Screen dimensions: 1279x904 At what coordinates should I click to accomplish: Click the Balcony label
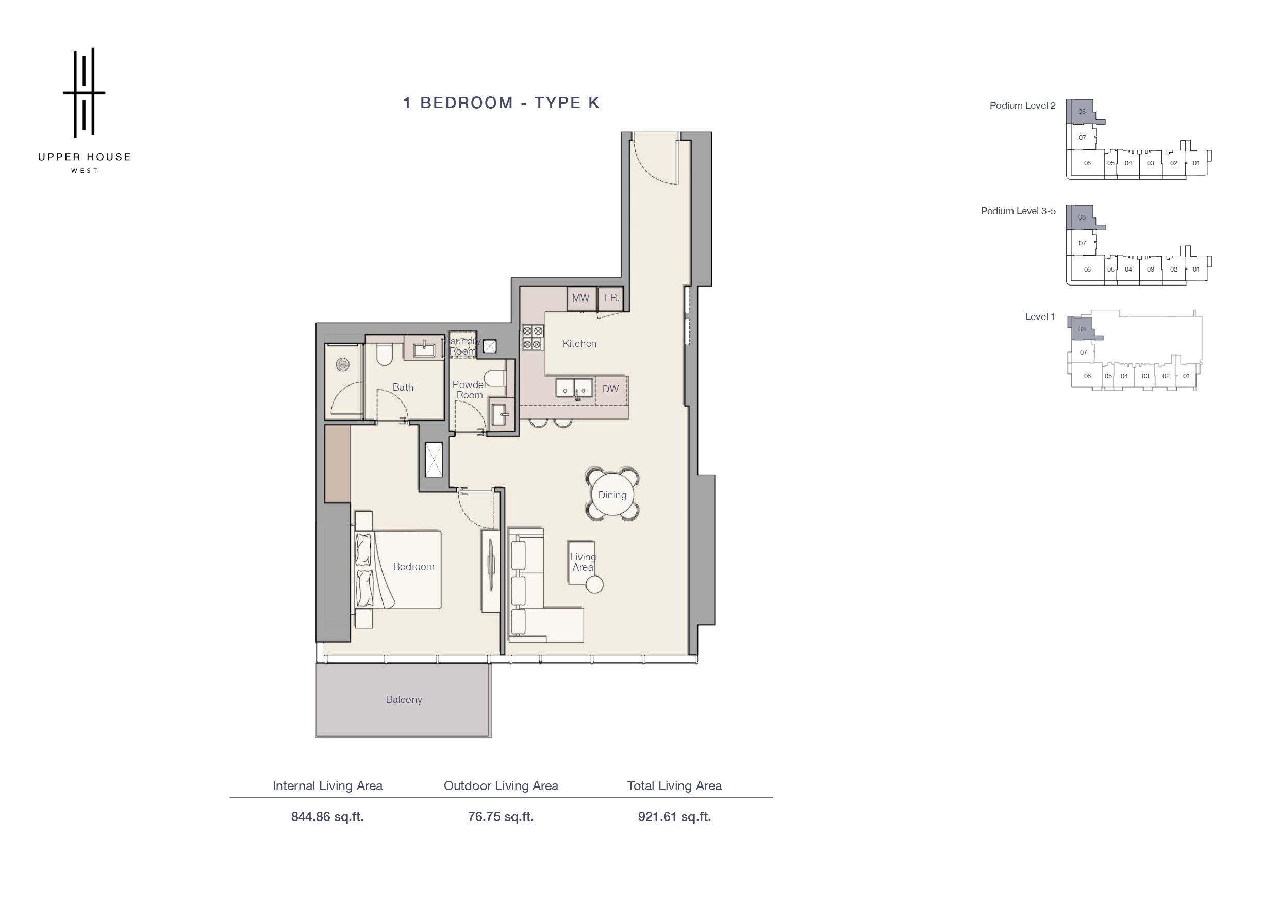404,699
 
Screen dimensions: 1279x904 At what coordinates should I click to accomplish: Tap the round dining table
612,495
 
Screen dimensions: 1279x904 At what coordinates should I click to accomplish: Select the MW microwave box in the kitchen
581,298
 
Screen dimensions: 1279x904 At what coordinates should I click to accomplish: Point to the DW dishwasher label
610,389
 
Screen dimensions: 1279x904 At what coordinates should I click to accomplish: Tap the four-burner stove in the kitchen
532,337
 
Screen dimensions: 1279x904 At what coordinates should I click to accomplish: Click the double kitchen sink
574,388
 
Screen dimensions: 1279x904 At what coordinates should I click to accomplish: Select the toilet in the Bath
385,354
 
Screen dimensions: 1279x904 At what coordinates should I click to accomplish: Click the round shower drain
342,365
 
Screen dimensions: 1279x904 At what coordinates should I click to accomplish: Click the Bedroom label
413,566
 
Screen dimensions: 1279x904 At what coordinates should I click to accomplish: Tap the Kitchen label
579,344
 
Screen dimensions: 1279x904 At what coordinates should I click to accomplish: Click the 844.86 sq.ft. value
327,816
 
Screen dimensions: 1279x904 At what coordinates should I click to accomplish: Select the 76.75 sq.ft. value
501,816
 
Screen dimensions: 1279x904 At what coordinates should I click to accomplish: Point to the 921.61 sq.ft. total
675,816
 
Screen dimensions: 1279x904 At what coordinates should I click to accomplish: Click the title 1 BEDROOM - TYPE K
502,103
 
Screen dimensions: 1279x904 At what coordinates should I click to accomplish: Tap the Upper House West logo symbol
84,92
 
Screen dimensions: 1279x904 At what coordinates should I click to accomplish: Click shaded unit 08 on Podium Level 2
1082,111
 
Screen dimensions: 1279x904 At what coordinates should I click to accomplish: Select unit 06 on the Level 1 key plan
1087,377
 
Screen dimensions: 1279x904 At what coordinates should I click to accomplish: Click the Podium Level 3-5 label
1018,211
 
